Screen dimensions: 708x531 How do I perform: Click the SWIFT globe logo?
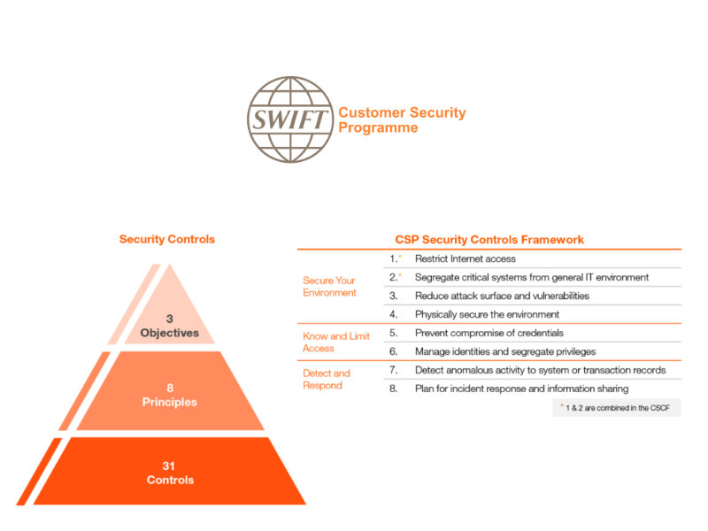point(290,119)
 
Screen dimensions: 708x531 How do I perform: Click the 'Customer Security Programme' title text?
point(402,120)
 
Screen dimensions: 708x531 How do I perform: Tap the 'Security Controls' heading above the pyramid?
point(167,239)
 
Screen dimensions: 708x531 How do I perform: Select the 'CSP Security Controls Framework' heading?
point(489,240)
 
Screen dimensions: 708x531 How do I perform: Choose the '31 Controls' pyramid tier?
point(170,473)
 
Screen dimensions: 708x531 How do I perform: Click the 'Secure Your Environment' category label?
point(329,287)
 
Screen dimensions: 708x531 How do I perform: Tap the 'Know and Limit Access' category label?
point(336,342)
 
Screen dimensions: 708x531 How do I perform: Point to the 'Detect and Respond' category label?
point(326,380)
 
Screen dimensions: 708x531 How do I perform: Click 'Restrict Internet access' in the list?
point(466,258)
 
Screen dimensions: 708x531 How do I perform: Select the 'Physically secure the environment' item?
point(487,314)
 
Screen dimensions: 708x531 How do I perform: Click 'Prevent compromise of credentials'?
point(489,333)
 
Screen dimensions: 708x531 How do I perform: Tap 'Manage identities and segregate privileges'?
point(505,351)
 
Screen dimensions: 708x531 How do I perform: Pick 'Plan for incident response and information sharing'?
point(521,389)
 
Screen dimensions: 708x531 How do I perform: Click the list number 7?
point(393,370)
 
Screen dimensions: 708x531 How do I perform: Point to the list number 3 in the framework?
point(393,296)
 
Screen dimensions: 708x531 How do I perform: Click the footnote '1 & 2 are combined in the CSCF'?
point(617,408)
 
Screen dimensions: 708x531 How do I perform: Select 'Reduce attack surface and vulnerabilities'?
point(502,296)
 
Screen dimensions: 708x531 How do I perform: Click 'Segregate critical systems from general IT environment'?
point(532,277)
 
